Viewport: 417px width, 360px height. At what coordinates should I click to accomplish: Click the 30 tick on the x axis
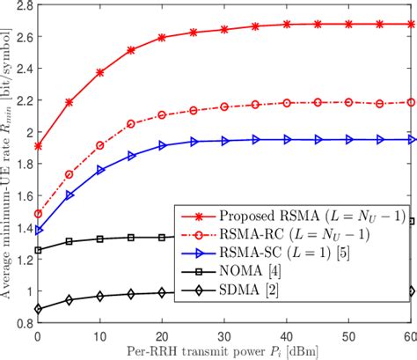pos(223,338)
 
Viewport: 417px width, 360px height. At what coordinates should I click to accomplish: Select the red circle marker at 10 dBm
pos(99,145)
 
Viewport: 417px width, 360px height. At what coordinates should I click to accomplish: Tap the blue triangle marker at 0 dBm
pos(37,230)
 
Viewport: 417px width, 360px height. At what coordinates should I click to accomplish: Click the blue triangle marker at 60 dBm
pos(411,139)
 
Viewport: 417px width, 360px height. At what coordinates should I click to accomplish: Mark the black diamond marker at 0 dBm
pos(37,309)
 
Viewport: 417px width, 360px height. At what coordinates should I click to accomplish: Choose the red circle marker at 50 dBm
pos(348,102)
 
